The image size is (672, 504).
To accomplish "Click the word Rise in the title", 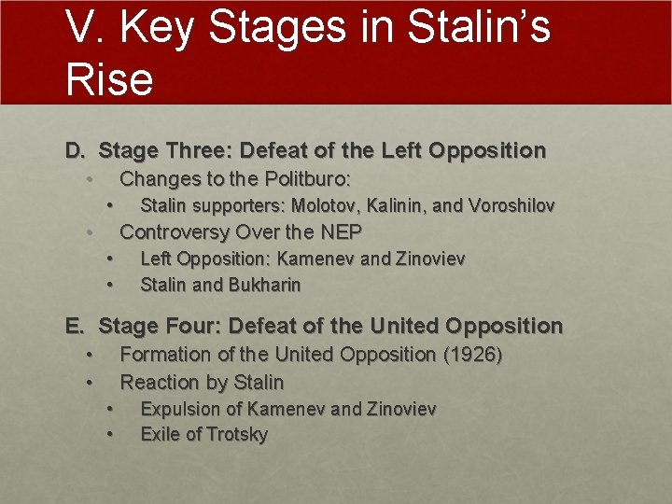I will click(109, 78).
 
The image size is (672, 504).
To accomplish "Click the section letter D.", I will click(75, 149).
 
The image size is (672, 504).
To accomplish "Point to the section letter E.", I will click(75, 326).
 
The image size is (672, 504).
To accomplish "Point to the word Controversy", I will click(175, 231).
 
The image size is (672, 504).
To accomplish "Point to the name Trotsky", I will click(234, 434).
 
